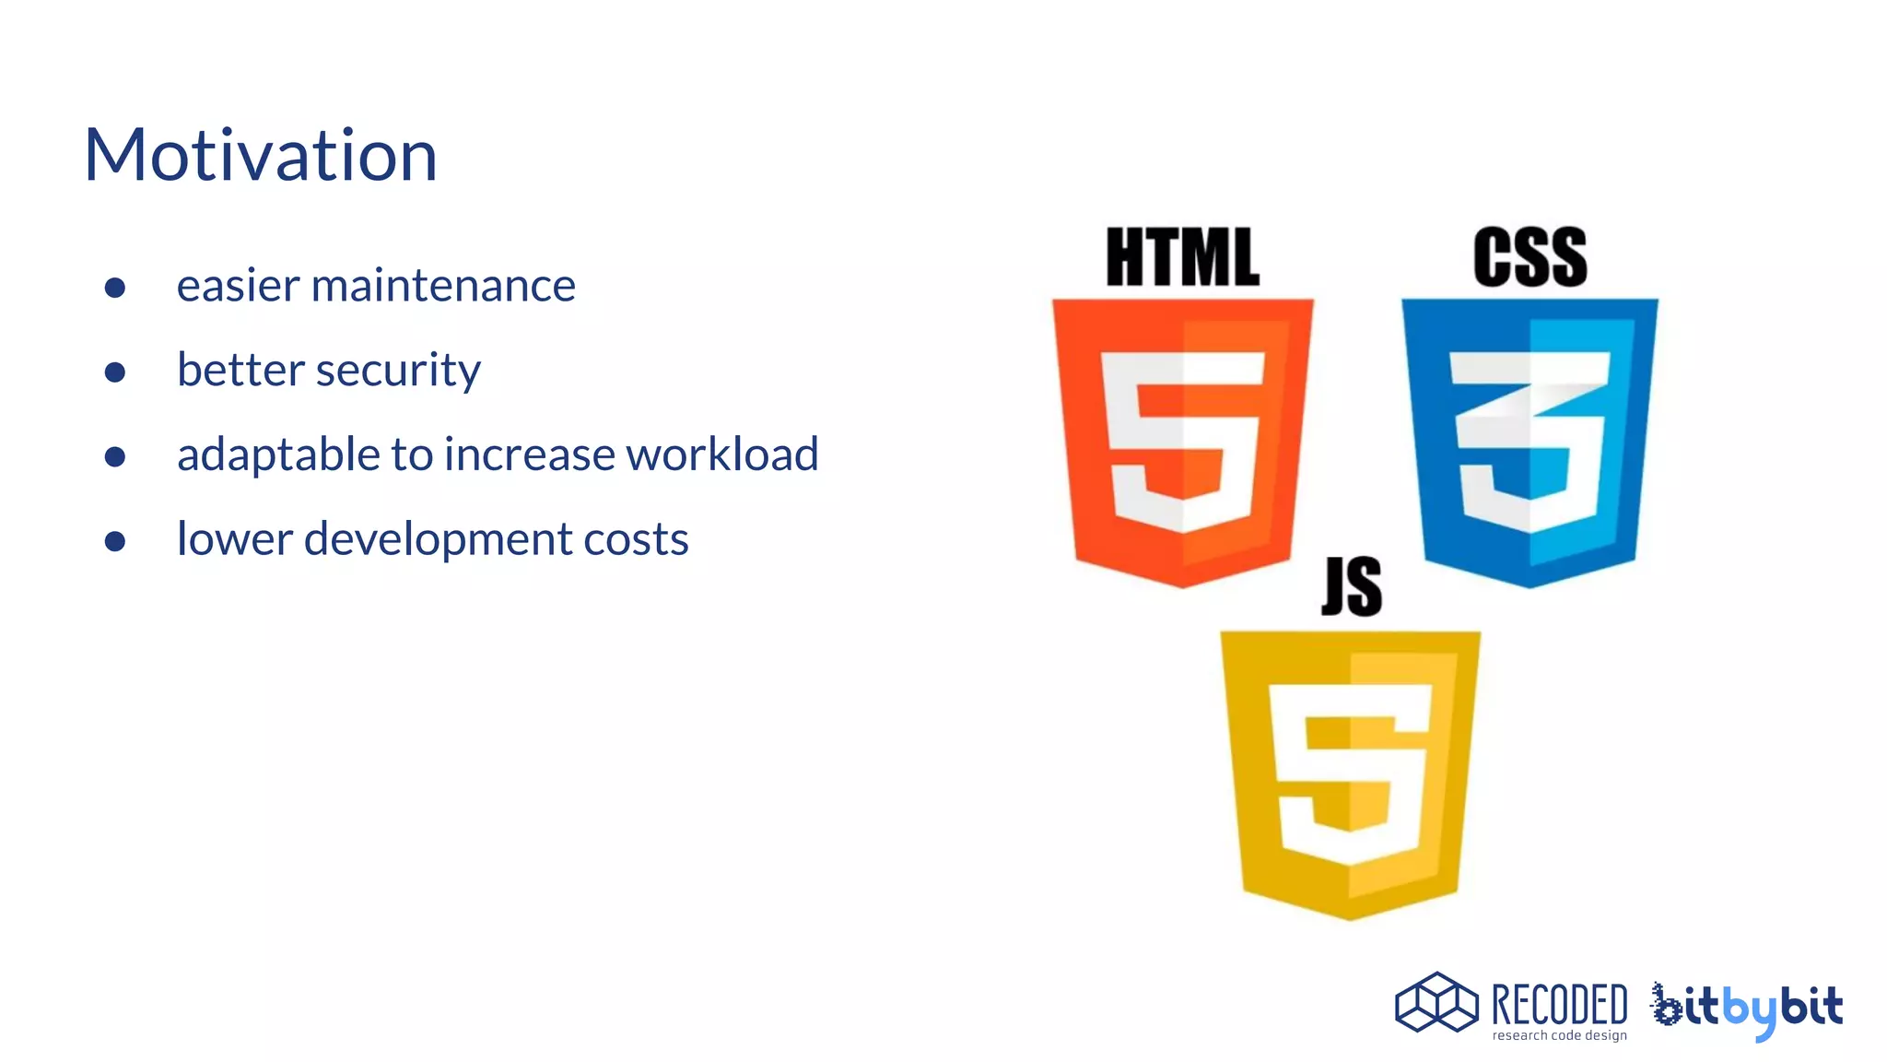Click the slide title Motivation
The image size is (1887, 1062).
261,155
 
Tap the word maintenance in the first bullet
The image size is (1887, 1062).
443,286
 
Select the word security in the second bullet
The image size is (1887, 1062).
398,371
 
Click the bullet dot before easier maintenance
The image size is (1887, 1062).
115,288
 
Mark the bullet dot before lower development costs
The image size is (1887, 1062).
115,541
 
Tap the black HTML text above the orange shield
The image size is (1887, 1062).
1182,257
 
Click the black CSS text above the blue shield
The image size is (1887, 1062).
1530,257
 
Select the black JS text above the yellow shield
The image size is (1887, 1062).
1352,586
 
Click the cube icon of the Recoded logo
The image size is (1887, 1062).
1436,1002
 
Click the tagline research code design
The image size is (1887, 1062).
1559,1036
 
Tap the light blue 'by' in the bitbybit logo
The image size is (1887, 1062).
1749,1010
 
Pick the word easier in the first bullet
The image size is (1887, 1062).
238,286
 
